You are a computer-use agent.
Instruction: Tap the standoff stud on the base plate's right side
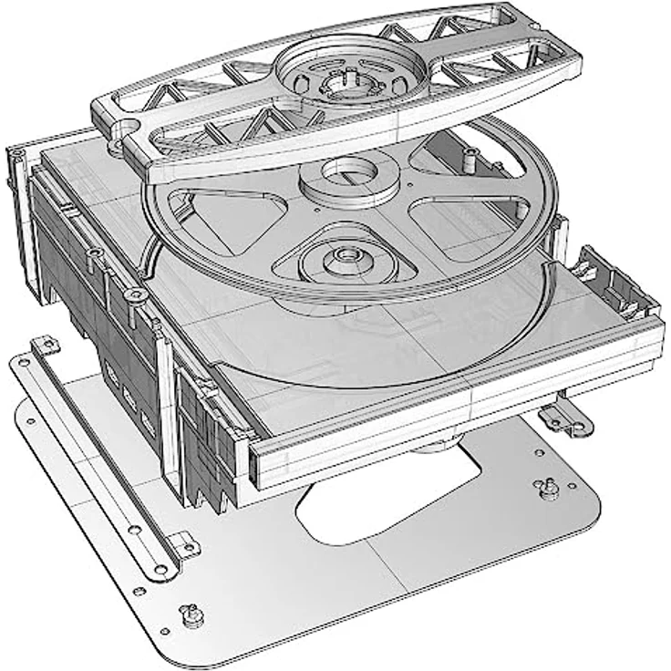(551, 488)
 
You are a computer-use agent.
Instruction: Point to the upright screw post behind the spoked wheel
(468, 157)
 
